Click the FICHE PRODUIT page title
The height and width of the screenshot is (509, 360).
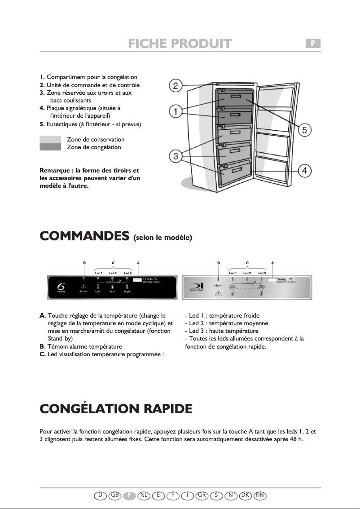click(180, 44)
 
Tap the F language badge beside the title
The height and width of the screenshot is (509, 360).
click(313, 43)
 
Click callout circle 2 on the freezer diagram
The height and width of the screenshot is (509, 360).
click(175, 85)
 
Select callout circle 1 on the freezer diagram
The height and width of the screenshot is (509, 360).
click(175, 111)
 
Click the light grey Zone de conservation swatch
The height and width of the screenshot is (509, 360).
click(50, 140)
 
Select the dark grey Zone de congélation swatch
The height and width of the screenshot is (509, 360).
click(50, 147)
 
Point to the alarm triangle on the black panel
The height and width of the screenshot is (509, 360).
click(83, 286)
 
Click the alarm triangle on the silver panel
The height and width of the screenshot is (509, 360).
click(219, 293)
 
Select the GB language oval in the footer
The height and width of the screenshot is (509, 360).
click(115, 495)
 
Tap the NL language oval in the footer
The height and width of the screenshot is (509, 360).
click(144, 495)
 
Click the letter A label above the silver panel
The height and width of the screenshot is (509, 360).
click(272, 262)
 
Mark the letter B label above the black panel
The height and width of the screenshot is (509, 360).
click(84, 262)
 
